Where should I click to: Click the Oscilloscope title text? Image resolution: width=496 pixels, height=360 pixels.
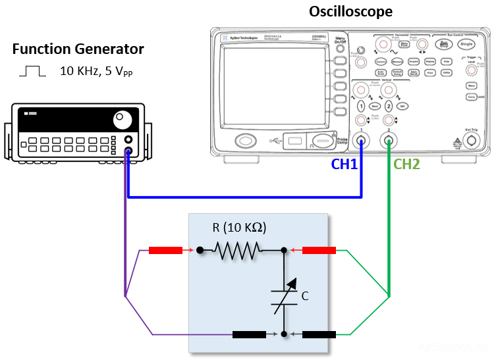point(350,12)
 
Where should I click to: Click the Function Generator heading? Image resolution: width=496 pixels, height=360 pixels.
point(78,49)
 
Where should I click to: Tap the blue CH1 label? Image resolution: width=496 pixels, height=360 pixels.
point(344,165)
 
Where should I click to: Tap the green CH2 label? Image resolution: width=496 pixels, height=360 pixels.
point(406,165)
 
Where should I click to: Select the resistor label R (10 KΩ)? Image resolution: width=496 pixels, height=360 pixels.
point(239,228)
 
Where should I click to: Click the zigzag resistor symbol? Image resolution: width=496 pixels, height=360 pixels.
point(236,250)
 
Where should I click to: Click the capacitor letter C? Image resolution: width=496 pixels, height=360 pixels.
point(304,297)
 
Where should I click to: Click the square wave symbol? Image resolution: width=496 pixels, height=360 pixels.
point(32,70)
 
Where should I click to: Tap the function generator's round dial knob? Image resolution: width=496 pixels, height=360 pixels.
point(122,120)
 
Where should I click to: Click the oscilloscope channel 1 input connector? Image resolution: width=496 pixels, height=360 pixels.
point(361,140)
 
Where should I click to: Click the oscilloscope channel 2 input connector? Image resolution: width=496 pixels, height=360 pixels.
point(389,140)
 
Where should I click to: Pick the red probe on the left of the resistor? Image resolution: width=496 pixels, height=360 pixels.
point(165,250)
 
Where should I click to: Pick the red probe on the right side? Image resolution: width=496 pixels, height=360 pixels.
point(319,250)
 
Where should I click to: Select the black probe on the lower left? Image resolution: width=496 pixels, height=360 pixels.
point(250,334)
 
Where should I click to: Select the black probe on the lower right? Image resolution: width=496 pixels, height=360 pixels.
point(319,334)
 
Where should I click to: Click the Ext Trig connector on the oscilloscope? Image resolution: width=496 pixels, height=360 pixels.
point(470,140)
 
